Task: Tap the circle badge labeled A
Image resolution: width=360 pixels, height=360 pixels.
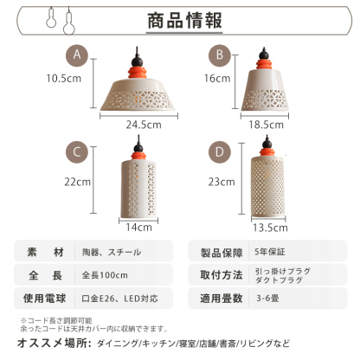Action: tap(79, 55)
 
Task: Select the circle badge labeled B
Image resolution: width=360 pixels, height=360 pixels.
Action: tap(221, 55)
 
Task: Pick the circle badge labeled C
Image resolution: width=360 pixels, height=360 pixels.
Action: tap(79, 152)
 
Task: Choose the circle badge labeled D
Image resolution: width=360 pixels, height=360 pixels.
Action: tap(221, 152)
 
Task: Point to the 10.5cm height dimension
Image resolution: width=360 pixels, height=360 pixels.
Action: tap(65, 77)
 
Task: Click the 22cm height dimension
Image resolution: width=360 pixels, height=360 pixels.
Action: tap(78, 182)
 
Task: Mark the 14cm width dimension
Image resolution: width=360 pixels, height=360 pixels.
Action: tap(138, 228)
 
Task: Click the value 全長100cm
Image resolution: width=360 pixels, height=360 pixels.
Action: tap(106, 277)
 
